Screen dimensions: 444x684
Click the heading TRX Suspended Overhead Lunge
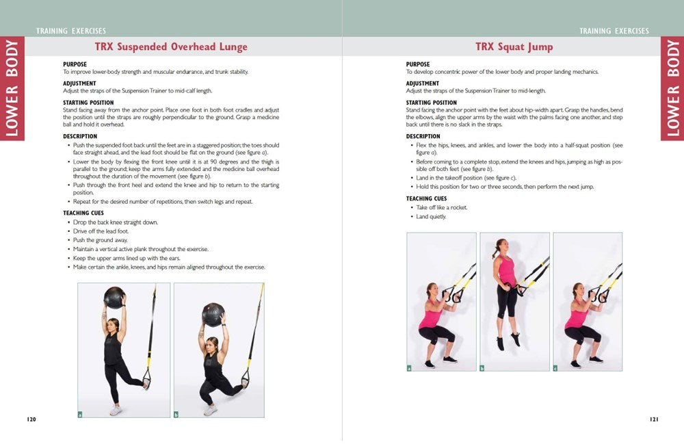(x=171, y=47)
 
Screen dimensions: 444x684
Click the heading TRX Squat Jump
(x=514, y=47)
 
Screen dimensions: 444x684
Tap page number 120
(x=31, y=419)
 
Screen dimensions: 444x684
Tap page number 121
(x=653, y=419)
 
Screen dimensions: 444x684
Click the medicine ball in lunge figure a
(x=114, y=298)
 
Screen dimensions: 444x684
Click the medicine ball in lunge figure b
(x=213, y=314)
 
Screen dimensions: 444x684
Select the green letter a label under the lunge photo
(x=81, y=414)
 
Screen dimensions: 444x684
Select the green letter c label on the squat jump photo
(x=555, y=368)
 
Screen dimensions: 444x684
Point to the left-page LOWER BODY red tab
(x=12, y=88)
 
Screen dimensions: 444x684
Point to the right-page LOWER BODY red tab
(x=672, y=88)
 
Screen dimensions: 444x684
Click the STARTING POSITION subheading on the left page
(x=89, y=103)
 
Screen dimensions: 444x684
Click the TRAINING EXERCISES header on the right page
(x=614, y=31)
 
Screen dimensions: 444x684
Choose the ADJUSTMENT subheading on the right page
(x=422, y=83)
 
